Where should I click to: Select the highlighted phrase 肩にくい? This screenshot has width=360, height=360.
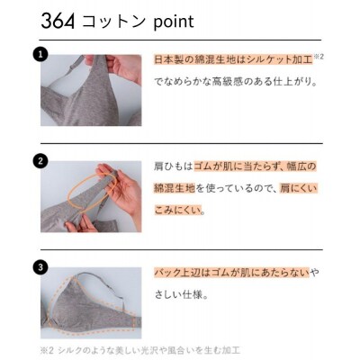[x=300, y=188]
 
